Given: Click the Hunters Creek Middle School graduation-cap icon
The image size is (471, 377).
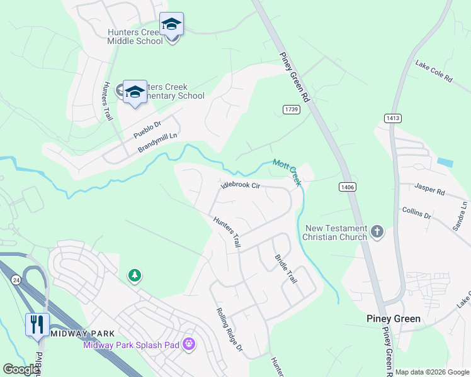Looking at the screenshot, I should (171, 25).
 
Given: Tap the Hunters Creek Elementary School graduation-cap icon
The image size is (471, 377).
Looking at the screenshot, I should (135, 92).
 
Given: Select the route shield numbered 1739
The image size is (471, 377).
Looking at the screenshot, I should (291, 109).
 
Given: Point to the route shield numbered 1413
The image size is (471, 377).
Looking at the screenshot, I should (391, 118).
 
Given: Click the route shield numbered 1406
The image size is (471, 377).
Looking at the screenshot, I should (346, 187).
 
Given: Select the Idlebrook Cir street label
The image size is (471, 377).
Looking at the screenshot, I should (240, 185).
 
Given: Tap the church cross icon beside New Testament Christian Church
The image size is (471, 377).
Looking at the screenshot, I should (377, 232).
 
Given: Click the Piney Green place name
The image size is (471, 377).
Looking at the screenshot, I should (394, 319).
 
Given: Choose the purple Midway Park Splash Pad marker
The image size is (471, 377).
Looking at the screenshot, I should (188, 344).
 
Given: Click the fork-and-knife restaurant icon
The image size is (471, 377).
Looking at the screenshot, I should (37, 324).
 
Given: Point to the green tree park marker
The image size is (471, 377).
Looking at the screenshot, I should (134, 275).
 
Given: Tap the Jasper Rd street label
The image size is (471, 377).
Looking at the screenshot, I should (430, 188).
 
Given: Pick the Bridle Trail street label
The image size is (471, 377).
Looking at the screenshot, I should (285, 268).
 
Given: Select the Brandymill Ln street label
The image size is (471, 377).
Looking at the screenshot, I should (158, 142).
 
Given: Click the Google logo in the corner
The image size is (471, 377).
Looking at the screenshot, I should (21, 369).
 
